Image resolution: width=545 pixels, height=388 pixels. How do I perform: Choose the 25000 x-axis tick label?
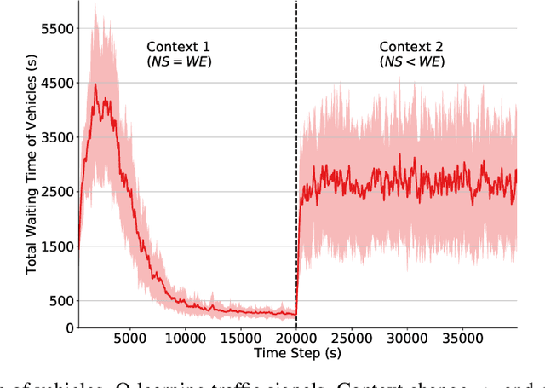tap(352, 339)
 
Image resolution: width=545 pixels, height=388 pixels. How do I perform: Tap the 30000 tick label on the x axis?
tap(407, 339)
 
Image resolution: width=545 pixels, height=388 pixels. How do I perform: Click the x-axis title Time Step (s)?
tap(297, 353)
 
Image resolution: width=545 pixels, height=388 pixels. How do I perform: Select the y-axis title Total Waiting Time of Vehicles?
tap(31, 171)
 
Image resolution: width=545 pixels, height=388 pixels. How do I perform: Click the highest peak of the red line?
tap(95, 84)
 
